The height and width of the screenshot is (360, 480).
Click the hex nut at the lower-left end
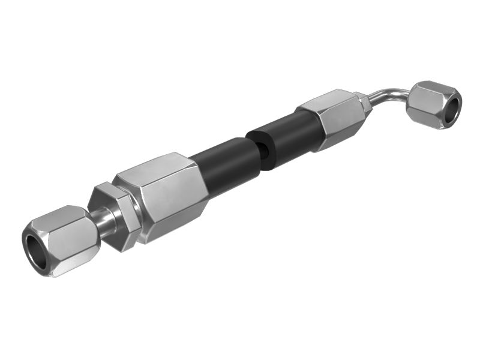click(x=63, y=240)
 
